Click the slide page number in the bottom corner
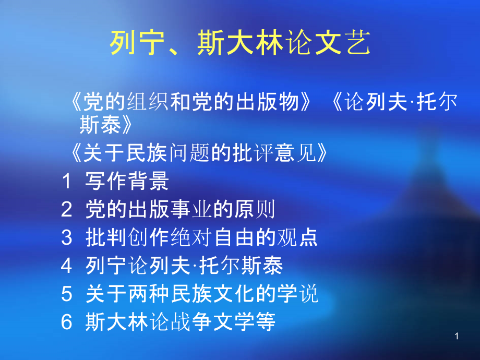457,337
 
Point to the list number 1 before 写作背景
66,182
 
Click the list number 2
66,210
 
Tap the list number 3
66,238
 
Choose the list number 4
66,266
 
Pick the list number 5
66,295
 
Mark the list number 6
66,322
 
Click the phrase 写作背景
127,182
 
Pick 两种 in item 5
148,295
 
